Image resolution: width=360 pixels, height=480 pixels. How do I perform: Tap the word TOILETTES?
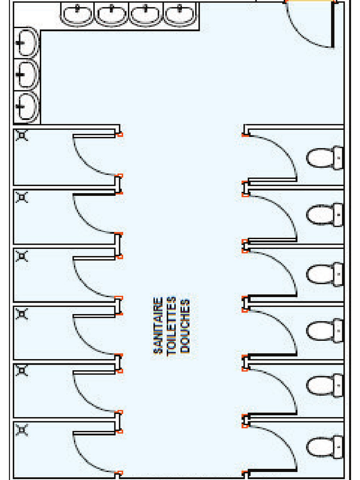tap(172, 326)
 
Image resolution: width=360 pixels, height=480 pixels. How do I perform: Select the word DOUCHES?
tap(185, 326)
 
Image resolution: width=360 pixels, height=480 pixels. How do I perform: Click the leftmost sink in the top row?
tap(77, 15)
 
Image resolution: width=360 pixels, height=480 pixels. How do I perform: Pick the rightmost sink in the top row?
tap(180, 15)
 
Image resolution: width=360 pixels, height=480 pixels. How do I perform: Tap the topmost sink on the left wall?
tap(27, 43)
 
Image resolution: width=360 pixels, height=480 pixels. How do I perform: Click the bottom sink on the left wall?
tap(27, 106)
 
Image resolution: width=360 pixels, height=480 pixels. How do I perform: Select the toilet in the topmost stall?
tap(325, 158)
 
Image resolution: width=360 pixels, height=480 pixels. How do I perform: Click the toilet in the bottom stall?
tap(325, 447)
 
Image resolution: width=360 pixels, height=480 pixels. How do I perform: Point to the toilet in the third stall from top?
tap(325, 274)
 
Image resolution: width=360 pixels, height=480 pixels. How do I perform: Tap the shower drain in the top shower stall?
tap(22, 135)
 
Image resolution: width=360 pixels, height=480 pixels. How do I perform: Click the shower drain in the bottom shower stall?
tap(22, 430)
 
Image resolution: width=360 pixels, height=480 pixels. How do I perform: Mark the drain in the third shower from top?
tap(22, 256)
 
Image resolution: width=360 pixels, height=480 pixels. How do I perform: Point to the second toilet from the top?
tap(325, 215)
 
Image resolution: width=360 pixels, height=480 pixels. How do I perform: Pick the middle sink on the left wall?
tap(27, 75)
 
